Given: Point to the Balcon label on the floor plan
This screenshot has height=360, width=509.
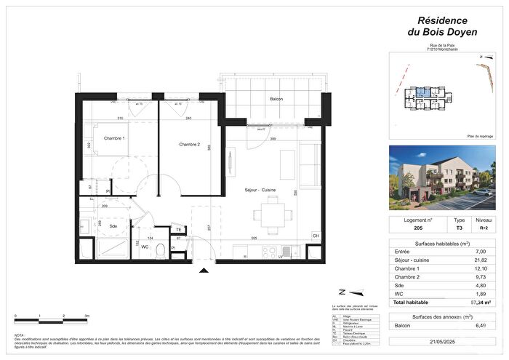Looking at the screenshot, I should pos(276,99).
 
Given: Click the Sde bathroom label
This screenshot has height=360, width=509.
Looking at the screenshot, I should pos(113,226).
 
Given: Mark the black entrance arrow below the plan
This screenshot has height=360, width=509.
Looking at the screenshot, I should pos(204,271).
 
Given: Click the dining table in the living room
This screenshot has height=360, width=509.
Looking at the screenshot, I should pos(274,214).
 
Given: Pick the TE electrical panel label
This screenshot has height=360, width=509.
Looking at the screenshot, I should pos(178,230).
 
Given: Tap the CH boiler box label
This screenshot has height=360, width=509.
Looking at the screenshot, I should pos(316,236).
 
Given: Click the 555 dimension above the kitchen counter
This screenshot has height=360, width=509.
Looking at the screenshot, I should pos(255,239).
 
